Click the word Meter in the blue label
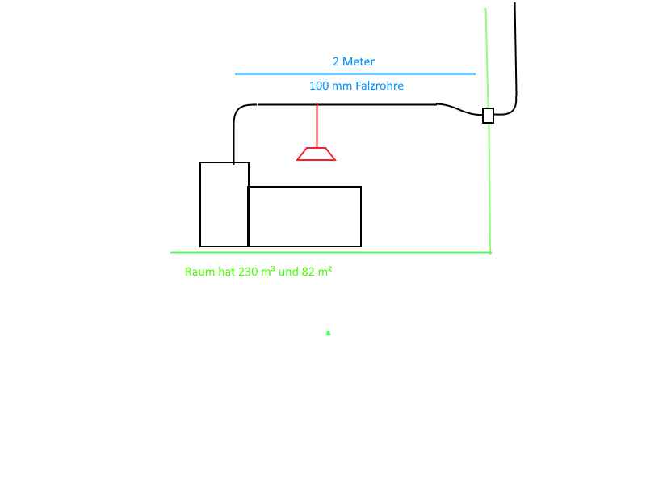(x=359, y=61)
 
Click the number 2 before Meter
(x=336, y=61)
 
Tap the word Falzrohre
(x=380, y=86)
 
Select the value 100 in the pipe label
(x=319, y=86)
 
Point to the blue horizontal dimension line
(x=355, y=74)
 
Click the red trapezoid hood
(x=317, y=154)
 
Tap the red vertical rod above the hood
(x=317, y=125)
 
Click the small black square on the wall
(x=488, y=116)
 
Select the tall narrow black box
(x=224, y=205)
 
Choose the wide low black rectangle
(x=304, y=217)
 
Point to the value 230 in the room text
(x=248, y=272)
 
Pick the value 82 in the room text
(x=308, y=272)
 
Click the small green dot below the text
(x=328, y=332)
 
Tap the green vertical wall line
(x=488, y=186)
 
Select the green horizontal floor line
(x=331, y=252)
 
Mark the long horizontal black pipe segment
(x=347, y=104)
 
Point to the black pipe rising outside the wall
(x=515, y=48)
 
